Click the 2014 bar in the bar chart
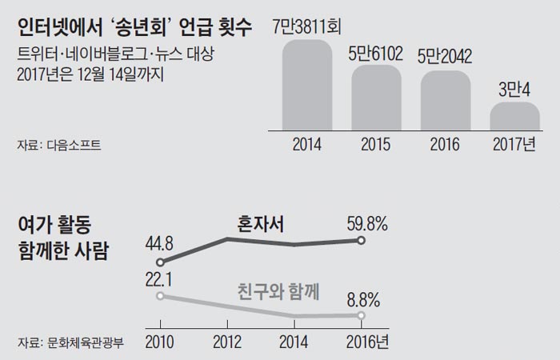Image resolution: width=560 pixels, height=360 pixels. [307, 84]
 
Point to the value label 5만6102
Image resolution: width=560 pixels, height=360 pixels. [377, 54]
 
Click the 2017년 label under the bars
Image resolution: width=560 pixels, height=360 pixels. [516, 146]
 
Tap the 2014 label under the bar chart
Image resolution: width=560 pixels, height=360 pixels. [307, 146]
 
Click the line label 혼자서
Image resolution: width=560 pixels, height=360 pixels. [262, 223]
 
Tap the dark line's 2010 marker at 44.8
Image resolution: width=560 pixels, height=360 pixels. [160, 262]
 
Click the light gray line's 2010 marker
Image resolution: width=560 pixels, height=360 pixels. [160, 296]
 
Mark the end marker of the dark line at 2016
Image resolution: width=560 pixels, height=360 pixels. [362, 241]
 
